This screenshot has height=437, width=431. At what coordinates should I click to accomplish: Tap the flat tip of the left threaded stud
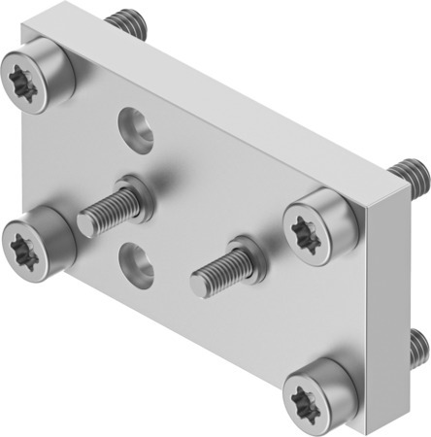click(86, 224)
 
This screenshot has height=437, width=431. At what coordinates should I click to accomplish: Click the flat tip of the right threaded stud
click(200, 284)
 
